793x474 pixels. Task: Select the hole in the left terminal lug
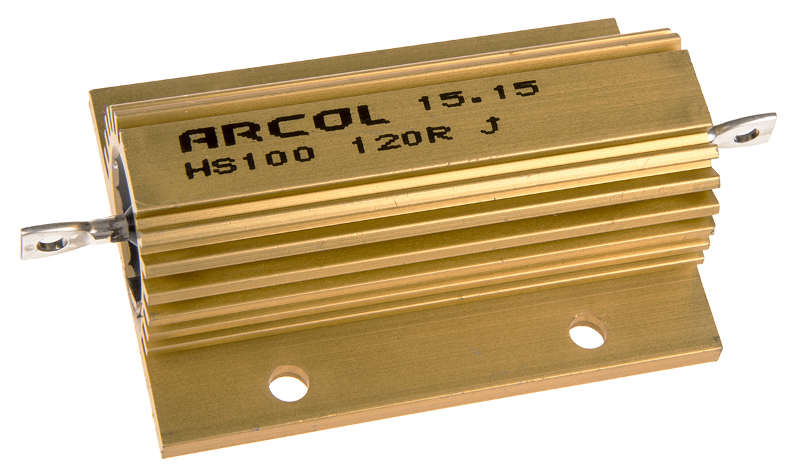[49, 245]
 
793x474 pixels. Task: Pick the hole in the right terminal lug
[747, 136]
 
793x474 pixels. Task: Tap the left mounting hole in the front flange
[289, 383]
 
